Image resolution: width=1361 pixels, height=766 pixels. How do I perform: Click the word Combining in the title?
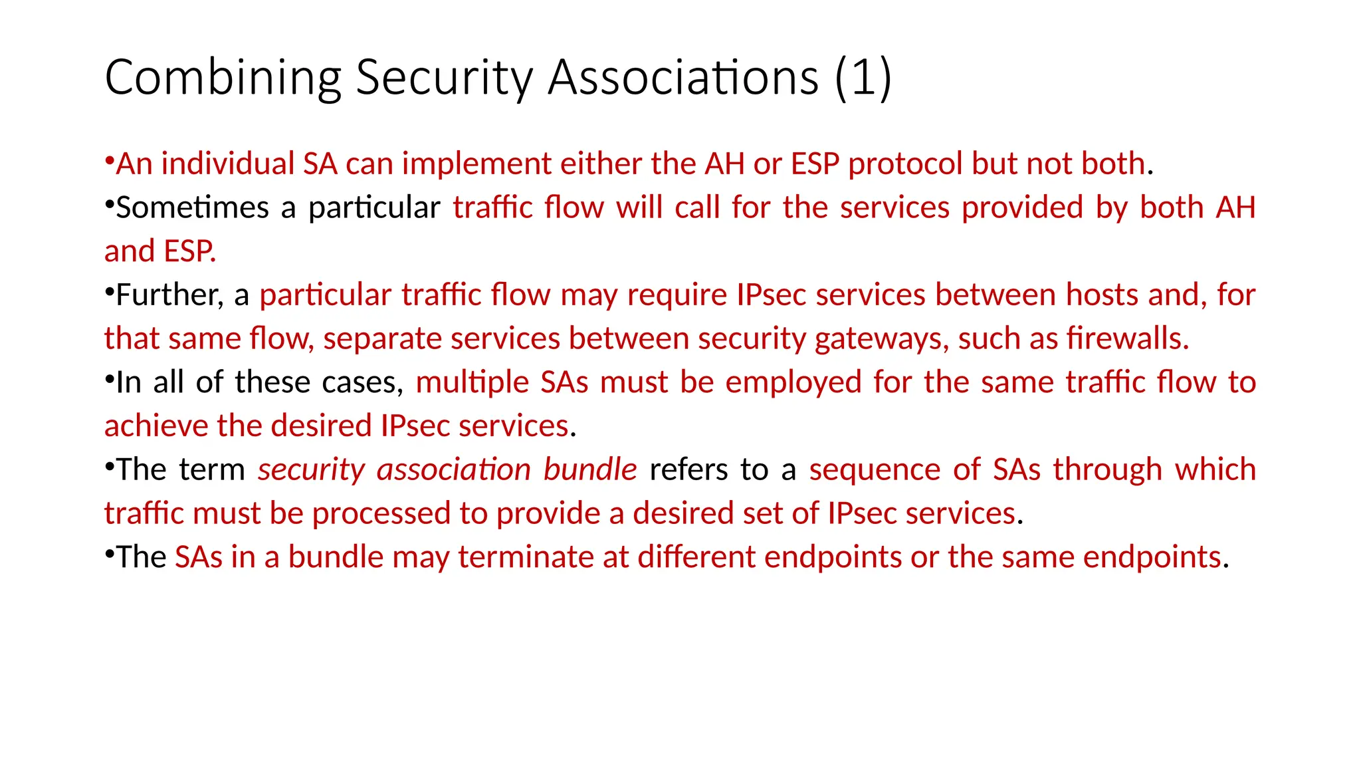[223, 78]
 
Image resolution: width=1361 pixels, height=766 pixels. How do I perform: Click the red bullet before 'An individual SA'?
[109, 160]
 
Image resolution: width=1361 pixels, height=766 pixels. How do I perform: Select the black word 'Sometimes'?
[192, 208]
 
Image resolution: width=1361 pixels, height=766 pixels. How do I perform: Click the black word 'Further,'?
[169, 295]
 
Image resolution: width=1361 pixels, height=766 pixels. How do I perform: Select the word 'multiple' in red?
[472, 383]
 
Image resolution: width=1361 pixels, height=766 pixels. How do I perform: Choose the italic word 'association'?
[453, 470]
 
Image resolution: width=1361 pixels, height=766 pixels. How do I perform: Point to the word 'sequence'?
[875, 470]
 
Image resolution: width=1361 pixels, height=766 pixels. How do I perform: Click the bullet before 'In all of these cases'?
[109, 379]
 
